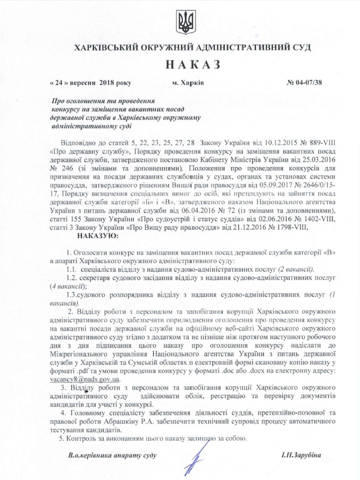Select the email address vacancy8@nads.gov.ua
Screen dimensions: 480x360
pyautogui.click(x=83, y=380)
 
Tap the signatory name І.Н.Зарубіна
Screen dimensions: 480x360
pyautogui.click(x=302, y=456)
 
